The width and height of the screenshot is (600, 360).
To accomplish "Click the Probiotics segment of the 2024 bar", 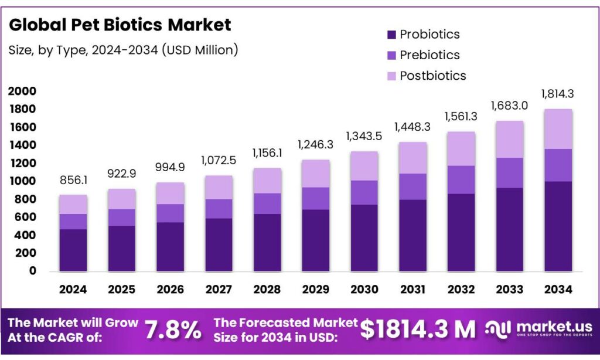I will [x=73, y=250].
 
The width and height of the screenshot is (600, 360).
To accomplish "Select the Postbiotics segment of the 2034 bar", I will [x=558, y=129].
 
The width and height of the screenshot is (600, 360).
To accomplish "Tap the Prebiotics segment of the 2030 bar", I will [x=364, y=192].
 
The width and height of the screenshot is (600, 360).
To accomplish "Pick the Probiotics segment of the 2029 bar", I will [x=315, y=240].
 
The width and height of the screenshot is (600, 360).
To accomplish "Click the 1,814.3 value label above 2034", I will [x=558, y=93].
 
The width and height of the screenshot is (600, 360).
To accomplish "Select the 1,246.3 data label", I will [x=315, y=144].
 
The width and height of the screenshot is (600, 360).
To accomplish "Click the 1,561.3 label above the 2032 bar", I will [x=461, y=116].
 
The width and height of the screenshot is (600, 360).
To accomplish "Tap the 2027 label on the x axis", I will [x=219, y=289].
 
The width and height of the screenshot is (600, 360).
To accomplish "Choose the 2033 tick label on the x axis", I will [x=509, y=289].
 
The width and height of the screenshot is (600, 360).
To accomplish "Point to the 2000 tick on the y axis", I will [x=22, y=91].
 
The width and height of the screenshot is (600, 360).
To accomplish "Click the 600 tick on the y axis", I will [x=26, y=217].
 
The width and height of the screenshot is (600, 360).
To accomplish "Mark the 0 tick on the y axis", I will [x=33, y=271].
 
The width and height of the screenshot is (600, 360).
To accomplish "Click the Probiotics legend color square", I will [x=391, y=35].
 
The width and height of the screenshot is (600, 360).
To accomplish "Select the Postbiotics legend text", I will [x=432, y=76].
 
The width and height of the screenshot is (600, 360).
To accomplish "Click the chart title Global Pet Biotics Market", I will [x=120, y=25].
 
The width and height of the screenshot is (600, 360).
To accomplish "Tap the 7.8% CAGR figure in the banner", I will [x=173, y=330].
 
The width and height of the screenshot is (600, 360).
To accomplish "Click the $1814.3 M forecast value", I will [x=417, y=330].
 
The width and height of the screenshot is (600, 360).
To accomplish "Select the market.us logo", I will [x=539, y=330].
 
